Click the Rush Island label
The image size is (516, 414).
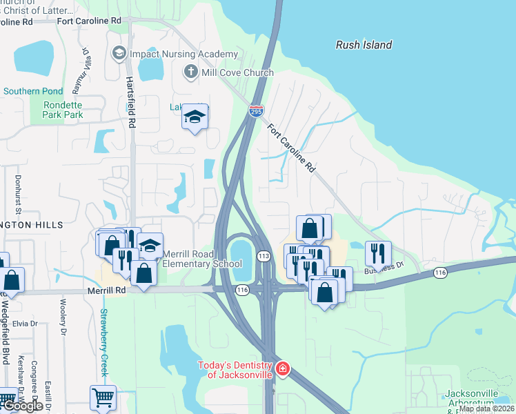coord(364,45)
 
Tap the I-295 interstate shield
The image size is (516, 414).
coord(256,110)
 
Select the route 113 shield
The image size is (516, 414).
coord(264,256)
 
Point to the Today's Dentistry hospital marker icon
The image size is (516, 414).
coord(281,370)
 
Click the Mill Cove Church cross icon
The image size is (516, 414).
coord(190,72)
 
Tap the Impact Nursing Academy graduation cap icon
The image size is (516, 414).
coord(119,54)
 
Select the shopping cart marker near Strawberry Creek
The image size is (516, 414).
coord(103,397)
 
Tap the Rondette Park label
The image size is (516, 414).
coord(63,110)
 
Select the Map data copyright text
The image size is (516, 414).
coord(486,408)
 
